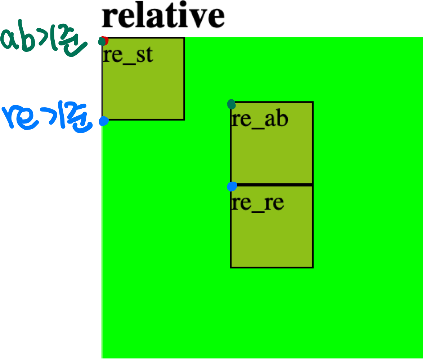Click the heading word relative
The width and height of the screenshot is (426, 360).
tap(163, 16)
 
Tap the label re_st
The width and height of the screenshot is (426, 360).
tap(128, 56)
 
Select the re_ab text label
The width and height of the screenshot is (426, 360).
tap(259, 120)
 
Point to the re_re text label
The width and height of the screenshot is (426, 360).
tap(257, 203)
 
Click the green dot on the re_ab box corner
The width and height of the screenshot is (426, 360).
tap(232, 104)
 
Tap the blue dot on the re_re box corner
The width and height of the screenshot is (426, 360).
tap(232, 186)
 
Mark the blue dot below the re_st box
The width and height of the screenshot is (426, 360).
tap(104, 121)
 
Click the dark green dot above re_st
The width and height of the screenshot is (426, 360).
tap(102, 41)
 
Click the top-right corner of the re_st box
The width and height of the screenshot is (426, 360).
tap(184, 38)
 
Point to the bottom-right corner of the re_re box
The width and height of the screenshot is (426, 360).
tap(313, 267)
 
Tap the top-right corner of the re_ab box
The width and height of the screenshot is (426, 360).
tap(313, 103)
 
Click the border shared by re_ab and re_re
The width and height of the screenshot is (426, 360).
tap(272, 184)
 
